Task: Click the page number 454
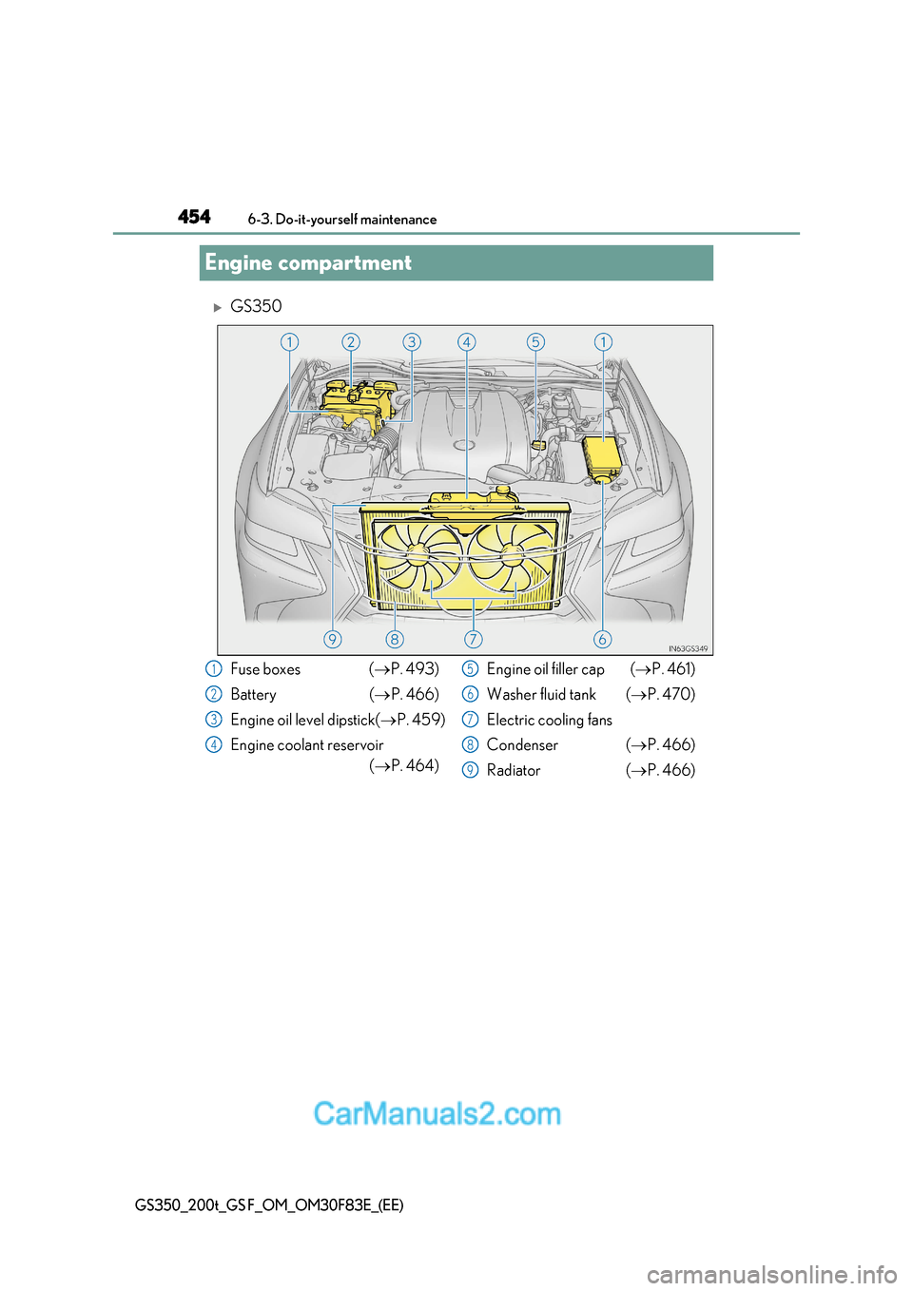194,217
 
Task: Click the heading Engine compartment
308,263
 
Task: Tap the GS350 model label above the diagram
256,306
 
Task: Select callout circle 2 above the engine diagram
351,342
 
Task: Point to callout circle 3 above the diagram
412,342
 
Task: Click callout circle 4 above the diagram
466,342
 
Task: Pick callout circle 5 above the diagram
535,342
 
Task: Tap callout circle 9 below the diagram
332,639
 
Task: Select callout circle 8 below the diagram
395,639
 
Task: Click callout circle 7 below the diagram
474,639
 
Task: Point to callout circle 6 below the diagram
602,639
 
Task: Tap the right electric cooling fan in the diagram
511,556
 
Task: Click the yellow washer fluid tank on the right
601,457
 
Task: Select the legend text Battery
253,695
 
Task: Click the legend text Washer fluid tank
541,695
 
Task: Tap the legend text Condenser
522,745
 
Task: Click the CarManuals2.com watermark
437,1113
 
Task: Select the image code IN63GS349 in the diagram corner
687,648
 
